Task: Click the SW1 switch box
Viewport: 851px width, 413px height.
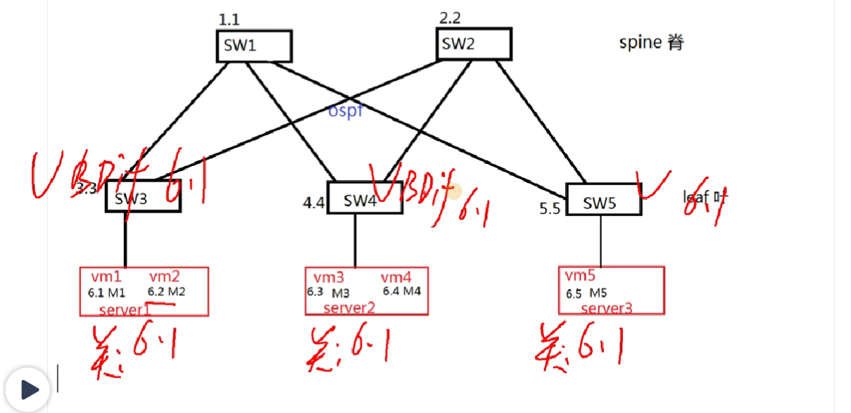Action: (x=253, y=46)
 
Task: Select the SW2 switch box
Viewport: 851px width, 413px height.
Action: (x=474, y=44)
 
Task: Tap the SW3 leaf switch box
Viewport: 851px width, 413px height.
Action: (x=143, y=198)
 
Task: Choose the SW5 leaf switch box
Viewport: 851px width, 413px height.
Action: (x=603, y=203)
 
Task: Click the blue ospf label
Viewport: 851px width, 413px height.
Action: (x=346, y=110)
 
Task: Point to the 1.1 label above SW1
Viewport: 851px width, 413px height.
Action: (x=229, y=20)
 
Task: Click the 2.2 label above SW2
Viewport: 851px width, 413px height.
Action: (x=450, y=18)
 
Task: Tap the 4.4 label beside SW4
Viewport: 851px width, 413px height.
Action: (x=314, y=203)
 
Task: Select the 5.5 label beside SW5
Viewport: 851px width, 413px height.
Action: (x=550, y=209)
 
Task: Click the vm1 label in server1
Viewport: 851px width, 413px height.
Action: (x=106, y=277)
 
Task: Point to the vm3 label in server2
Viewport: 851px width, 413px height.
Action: (x=328, y=278)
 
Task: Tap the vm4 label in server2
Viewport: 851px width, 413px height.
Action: (x=396, y=278)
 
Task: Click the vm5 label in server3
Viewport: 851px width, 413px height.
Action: (x=580, y=275)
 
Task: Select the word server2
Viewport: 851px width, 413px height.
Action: (x=349, y=307)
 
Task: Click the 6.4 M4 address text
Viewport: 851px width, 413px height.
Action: (x=401, y=291)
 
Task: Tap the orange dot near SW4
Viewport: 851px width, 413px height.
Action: (x=455, y=191)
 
